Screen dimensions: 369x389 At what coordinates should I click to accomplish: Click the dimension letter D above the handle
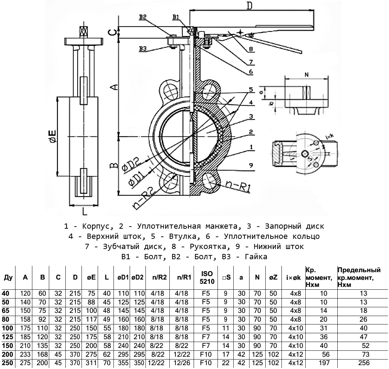[x=249, y=6]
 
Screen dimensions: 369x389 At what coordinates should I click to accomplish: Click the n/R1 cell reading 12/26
[x=183, y=363]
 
